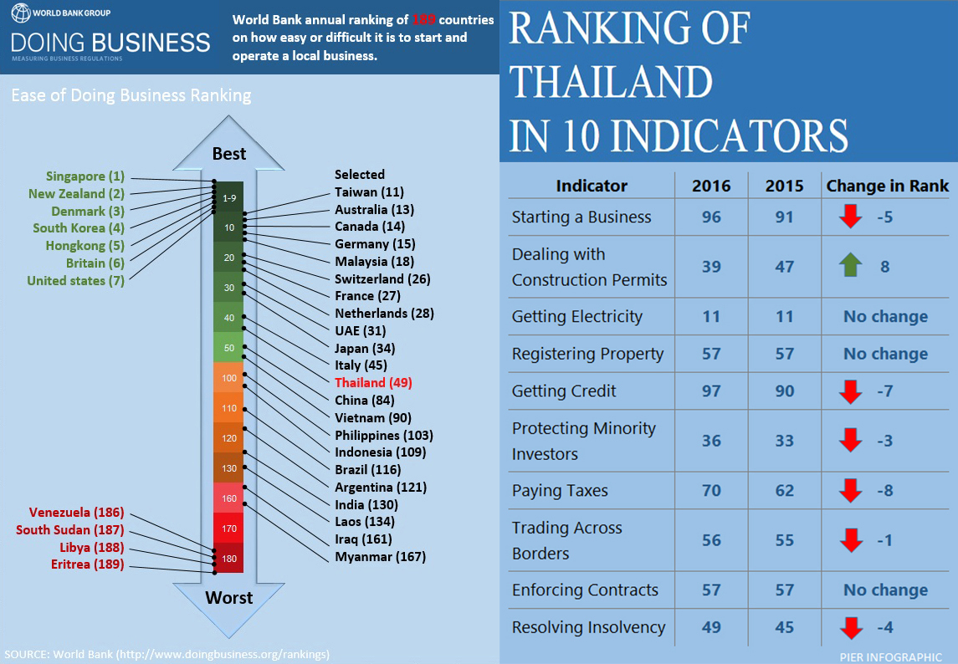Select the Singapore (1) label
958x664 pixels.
pos(85,176)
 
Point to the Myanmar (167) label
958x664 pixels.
pos(380,557)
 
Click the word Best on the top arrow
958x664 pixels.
pos(229,153)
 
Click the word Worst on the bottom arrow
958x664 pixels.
pos(229,597)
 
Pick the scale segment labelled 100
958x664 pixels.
pos(229,378)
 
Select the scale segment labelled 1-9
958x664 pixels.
pos(229,198)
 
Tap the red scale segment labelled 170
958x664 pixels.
pos(229,529)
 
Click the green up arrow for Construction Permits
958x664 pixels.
pos(850,267)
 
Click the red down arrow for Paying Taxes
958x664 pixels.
pos(850,491)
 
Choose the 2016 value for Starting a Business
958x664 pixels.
pos(711,217)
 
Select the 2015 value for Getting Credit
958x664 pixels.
pos(784,391)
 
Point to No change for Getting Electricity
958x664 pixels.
pos(885,317)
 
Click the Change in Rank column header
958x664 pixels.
pos(887,186)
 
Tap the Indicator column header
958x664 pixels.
pos(592,186)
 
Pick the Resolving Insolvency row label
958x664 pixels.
pos(588,627)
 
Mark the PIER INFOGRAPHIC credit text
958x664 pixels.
pos(890,656)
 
